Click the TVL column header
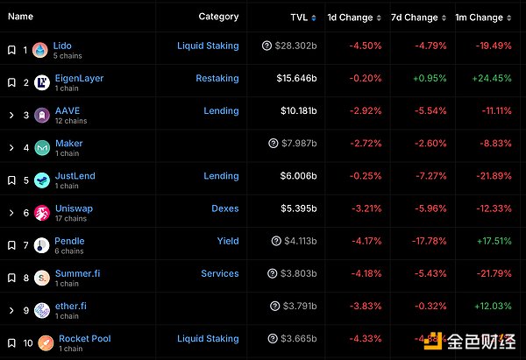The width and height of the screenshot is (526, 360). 299,17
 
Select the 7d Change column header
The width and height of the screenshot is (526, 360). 415,17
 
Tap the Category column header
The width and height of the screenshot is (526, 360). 218,17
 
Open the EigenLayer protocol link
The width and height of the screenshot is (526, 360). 79,78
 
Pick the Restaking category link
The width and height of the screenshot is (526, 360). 217,78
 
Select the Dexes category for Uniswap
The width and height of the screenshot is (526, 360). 224,208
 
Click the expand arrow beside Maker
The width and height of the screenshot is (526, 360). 11,148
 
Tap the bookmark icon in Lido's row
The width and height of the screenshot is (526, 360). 11,50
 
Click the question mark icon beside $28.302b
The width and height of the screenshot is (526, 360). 267,46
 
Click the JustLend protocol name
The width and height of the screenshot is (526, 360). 75,176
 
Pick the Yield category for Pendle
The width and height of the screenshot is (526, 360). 228,241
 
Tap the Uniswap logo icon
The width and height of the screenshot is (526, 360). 40,213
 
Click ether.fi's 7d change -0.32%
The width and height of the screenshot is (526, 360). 419,307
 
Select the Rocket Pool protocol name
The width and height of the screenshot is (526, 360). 84,338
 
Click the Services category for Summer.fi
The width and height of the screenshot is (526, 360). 219,273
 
